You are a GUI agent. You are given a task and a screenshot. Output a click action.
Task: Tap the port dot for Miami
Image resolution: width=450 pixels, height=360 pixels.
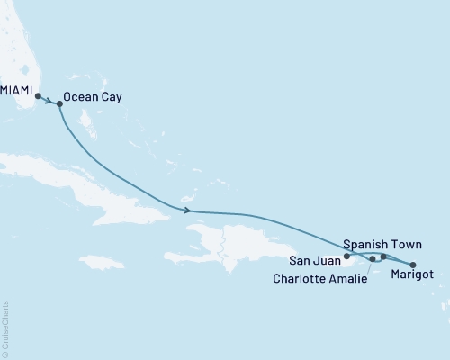(38, 95)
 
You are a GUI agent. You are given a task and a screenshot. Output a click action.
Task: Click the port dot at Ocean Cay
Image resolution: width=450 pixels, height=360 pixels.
(59, 104)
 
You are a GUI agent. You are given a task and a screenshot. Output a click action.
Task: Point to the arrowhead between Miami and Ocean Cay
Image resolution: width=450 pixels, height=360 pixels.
(49, 100)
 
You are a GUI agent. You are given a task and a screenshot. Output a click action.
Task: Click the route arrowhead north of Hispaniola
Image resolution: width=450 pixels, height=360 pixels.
(187, 211)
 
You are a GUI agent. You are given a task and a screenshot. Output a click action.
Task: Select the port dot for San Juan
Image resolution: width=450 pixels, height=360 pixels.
(346, 256)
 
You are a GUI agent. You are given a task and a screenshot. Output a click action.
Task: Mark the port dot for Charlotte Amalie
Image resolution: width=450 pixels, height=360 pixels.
(373, 259)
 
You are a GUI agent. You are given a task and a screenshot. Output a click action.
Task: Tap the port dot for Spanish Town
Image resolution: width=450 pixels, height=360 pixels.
(383, 257)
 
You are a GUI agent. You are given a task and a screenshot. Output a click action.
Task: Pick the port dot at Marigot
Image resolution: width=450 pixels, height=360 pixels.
(413, 265)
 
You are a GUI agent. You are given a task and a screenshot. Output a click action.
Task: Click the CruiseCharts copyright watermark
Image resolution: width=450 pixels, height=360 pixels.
(5, 328)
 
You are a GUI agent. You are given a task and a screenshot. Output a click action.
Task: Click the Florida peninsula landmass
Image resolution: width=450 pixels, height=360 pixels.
(18, 45)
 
